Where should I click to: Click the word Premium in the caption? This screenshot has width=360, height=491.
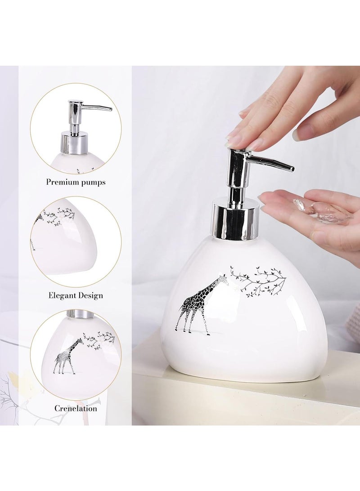point(61,182)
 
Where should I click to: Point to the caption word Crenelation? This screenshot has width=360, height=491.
point(76,408)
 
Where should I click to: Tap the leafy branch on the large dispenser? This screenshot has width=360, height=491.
point(259,279)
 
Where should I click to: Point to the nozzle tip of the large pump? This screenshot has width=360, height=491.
point(291,169)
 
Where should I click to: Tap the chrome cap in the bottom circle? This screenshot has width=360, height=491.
point(80,314)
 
